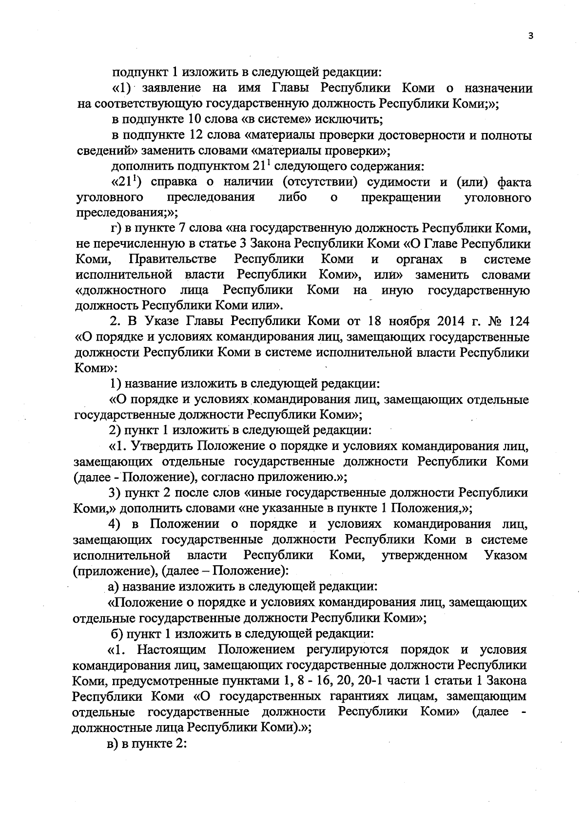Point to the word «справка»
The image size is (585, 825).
tap(174, 182)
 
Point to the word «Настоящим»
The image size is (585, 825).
tap(171, 650)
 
